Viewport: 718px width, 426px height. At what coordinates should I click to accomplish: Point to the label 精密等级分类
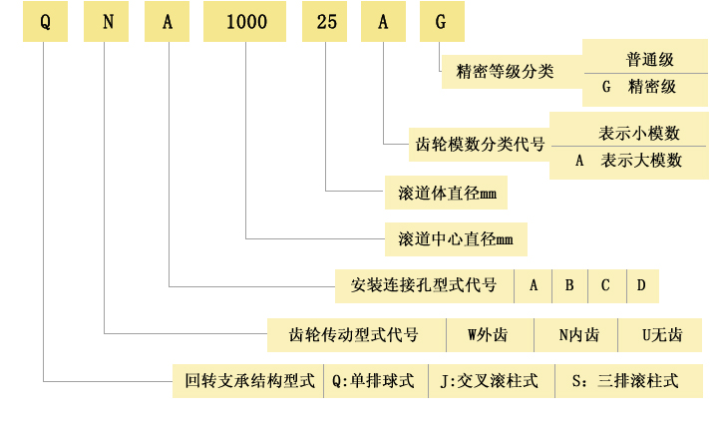pos(505,72)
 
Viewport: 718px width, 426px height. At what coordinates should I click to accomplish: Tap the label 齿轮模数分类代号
pos(480,144)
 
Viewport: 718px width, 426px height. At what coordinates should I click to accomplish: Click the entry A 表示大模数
pos(628,160)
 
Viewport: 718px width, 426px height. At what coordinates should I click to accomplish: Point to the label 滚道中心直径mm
pos(455,239)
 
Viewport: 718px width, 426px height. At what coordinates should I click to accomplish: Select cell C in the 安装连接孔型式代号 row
pos(604,286)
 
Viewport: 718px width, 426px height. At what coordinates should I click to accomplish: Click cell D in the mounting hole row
pos(641,286)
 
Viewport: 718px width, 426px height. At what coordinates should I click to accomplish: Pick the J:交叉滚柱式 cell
pos(489,381)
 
